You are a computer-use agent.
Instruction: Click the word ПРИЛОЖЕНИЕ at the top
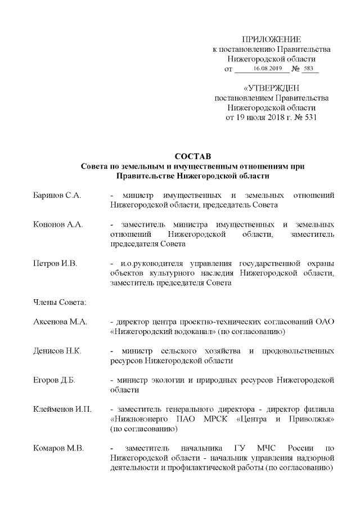(x=271, y=39)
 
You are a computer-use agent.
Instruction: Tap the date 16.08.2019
(x=267, y=69)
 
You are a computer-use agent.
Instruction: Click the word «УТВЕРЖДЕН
(x=271, y=88)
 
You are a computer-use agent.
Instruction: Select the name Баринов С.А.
(x=57, y=195)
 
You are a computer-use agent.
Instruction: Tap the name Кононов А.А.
(x=58, y=224)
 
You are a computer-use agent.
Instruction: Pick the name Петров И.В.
(x=55, y=263)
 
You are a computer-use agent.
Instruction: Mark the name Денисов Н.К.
(x=57, y=351)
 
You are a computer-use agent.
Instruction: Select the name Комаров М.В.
(x=58, y=448)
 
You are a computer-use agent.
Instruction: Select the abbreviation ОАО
(x=325, y=322)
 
